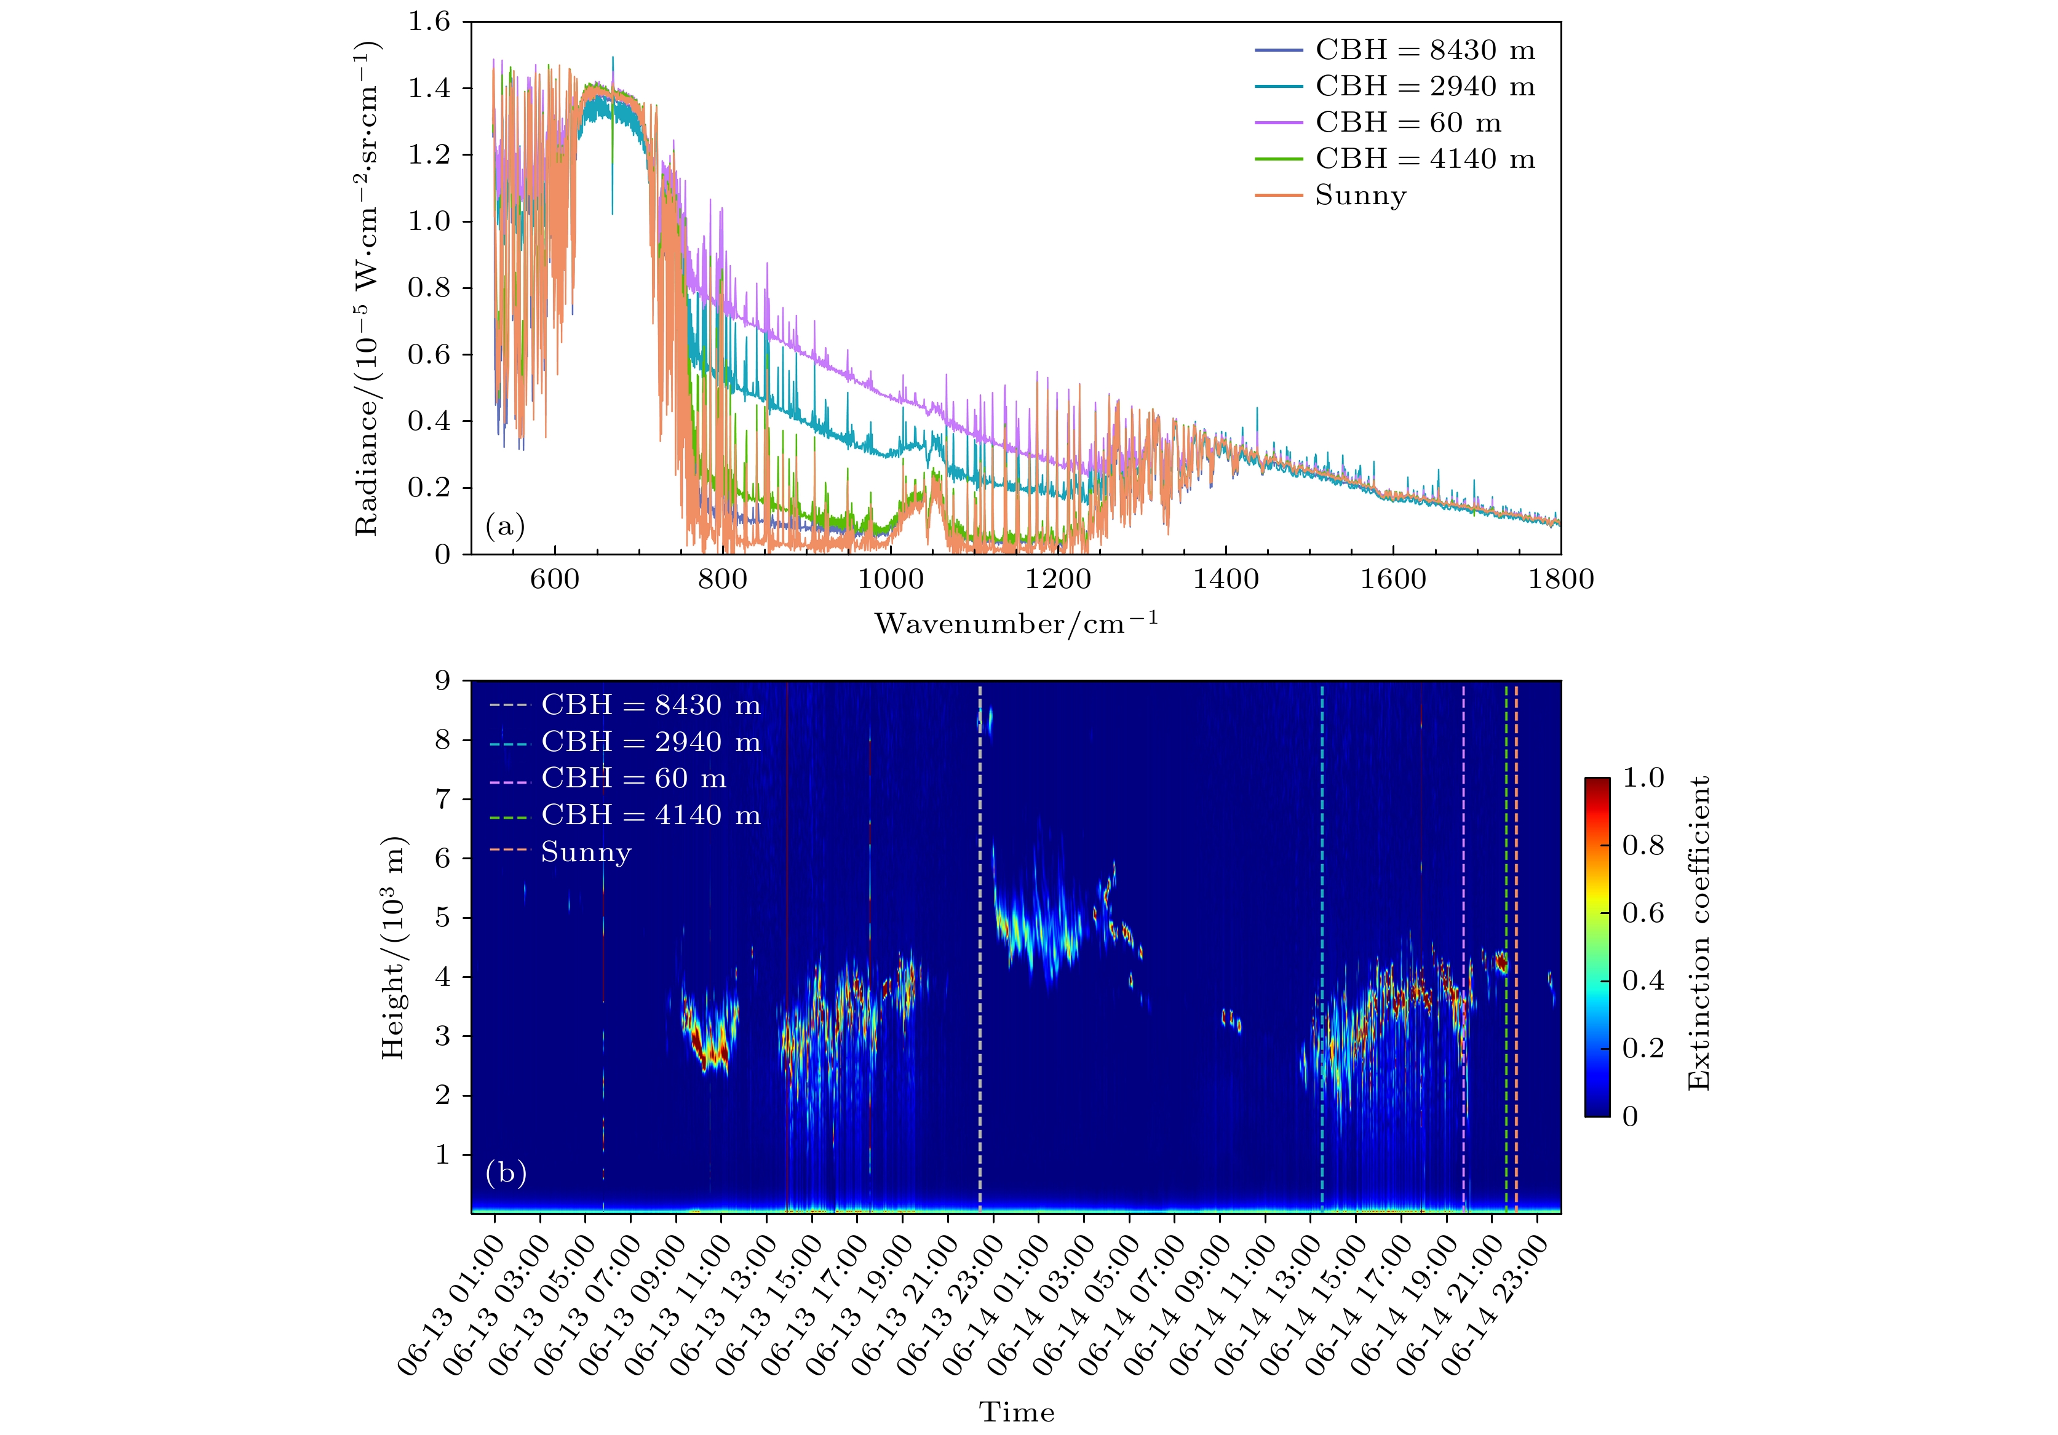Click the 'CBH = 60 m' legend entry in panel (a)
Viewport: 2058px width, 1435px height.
1407,123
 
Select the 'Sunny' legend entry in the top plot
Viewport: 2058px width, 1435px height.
1360,196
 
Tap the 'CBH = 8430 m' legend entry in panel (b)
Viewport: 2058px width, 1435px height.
650,706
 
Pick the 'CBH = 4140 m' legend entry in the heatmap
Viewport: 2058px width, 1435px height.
650,815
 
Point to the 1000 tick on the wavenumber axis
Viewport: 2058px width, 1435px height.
890,579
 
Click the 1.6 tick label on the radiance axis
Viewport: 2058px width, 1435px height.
429,22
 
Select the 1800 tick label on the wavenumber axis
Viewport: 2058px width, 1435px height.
1560,579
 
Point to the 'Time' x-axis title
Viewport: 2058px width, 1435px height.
1017,1412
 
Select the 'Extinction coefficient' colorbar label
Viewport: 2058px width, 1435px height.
1699,933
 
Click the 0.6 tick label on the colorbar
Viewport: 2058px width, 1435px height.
1643,912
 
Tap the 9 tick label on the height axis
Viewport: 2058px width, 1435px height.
442,681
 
